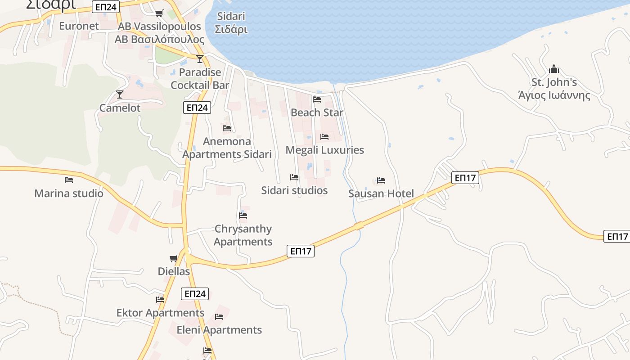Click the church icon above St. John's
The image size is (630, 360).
[554, 69]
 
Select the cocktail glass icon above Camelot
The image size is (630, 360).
[120, 94]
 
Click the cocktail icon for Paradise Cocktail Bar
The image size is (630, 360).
[200, 58]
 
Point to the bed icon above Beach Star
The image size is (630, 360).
[317, 99]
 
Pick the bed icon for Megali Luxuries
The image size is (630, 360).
[324, 136]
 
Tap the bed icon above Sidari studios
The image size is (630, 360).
[294, 177]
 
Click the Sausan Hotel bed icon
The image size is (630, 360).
[381, 180]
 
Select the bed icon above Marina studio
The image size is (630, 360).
[69, 180]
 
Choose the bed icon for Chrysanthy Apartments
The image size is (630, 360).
[243, 215]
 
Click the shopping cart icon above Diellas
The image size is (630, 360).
[174, 258]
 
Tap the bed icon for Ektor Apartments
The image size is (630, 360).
[160, 299]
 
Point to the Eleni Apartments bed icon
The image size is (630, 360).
[219, 317]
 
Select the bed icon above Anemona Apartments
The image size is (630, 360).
[227, 128]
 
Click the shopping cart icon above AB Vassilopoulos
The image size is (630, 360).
[159, 13]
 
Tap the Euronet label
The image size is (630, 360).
[79, 26]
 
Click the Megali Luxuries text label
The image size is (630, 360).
[324, 150]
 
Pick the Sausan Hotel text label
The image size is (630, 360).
[381, 193]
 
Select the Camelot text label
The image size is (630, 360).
[120, 108]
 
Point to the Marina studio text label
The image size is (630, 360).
[69, 193]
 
